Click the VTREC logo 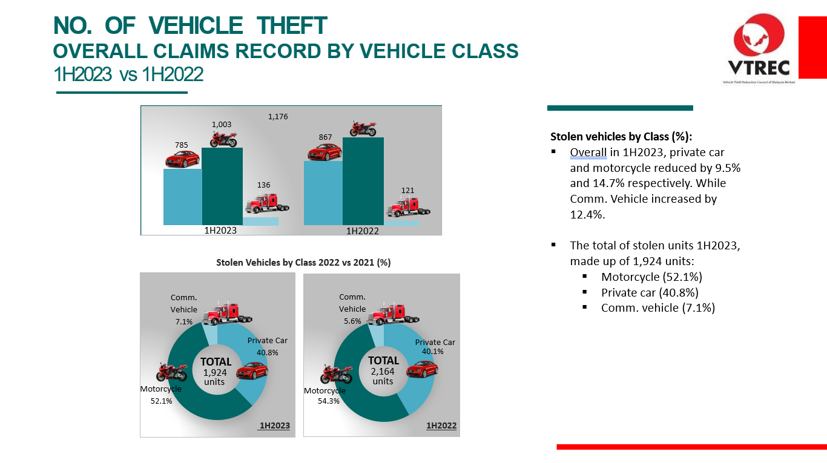[759, 49]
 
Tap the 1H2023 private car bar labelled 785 [182, 197]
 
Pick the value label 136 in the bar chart [263, 185]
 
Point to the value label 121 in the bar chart [407, 191]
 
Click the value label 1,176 [277, 116]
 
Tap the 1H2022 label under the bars [362, 231]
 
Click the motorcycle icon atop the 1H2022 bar [363, 129]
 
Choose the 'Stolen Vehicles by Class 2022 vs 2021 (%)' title [303, 263]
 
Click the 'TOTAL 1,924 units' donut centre [215, 371]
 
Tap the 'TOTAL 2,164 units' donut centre [383, 370]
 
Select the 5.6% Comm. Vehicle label [352, 321]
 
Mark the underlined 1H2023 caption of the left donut [274, 425]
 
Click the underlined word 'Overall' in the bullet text [588, 152]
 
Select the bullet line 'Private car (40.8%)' [650, 292]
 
